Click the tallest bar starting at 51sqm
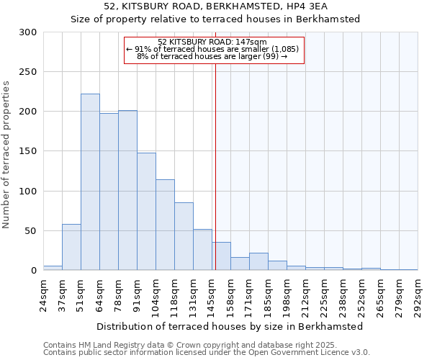(90, 182)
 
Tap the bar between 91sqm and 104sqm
(146, 212)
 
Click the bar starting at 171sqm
(258, 261)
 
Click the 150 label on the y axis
(28, 151)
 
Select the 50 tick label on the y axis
(31, 231)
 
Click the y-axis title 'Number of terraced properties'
(6, 154)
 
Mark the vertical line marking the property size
(215, 166)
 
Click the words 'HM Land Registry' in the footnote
(106, 345)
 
